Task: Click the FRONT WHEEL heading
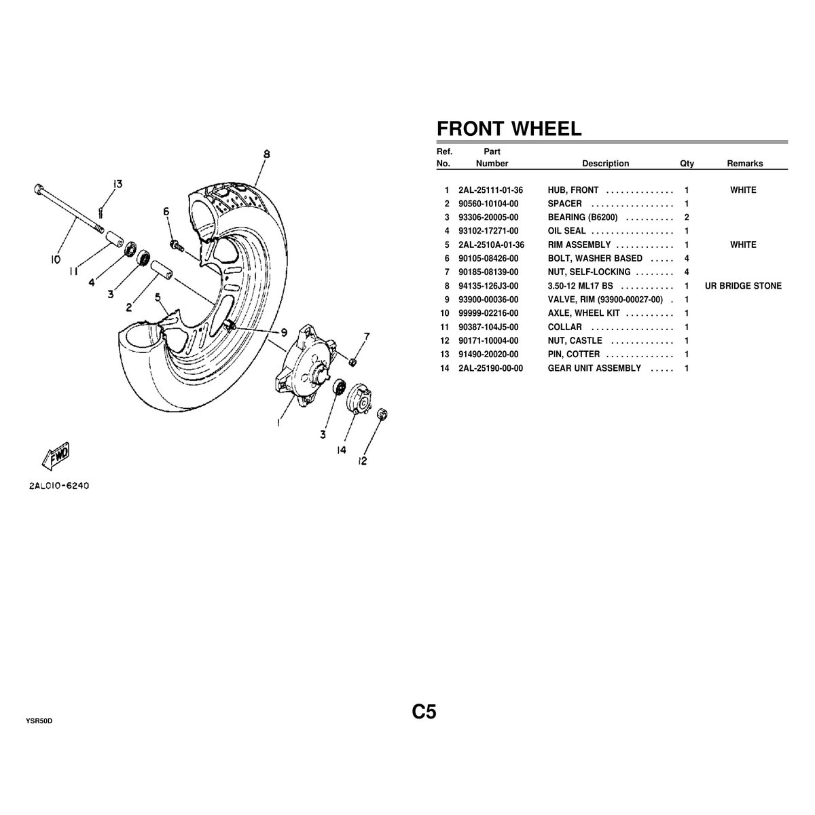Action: (508, 128)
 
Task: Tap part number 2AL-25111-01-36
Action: (491, 190)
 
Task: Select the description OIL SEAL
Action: (566, 231)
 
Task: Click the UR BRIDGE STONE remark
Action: (743, 286)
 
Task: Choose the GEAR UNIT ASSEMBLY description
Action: (594, 368)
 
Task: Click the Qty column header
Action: (687, 164)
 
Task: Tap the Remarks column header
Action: (744, 164)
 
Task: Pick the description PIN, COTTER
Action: (574, 355)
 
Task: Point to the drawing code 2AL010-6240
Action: (60, 486)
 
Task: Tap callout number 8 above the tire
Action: (267, 155)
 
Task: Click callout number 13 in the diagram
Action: (117, 184)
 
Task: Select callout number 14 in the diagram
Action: (341, 450)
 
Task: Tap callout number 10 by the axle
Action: (55, 259)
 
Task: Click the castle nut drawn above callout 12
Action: (382, 413)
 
